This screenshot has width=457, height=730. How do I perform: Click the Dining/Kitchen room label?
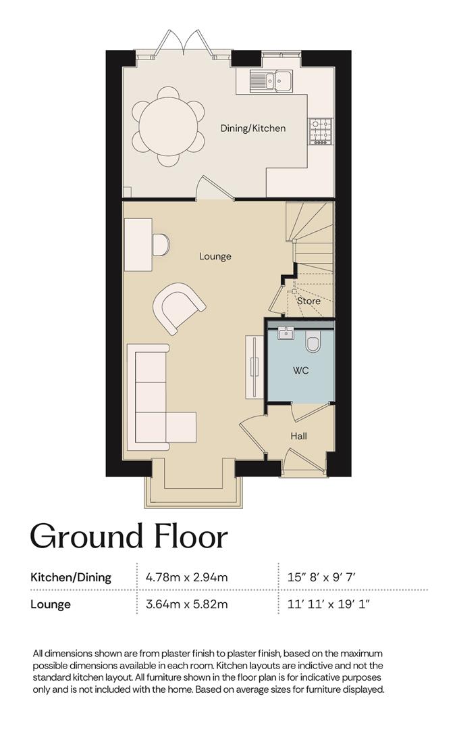253,128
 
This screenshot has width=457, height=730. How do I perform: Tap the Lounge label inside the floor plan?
215,257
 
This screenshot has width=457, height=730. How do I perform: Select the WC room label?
301,371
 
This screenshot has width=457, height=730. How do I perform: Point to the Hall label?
298,436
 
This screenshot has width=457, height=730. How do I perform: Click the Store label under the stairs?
308,301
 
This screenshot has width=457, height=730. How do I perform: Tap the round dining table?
168,126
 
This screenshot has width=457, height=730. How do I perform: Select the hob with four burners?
321,131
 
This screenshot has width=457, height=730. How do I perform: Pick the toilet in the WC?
313,342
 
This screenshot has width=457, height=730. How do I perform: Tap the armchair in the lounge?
178,307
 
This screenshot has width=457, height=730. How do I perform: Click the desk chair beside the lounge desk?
161,245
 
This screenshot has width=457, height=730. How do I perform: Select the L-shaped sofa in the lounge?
161,397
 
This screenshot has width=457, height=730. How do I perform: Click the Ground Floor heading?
129,536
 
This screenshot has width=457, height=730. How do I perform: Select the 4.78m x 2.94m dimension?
187,578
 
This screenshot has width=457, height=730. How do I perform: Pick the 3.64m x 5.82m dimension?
187,604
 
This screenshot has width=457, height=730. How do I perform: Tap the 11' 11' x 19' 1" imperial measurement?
329,604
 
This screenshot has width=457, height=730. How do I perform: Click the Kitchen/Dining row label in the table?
71,578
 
